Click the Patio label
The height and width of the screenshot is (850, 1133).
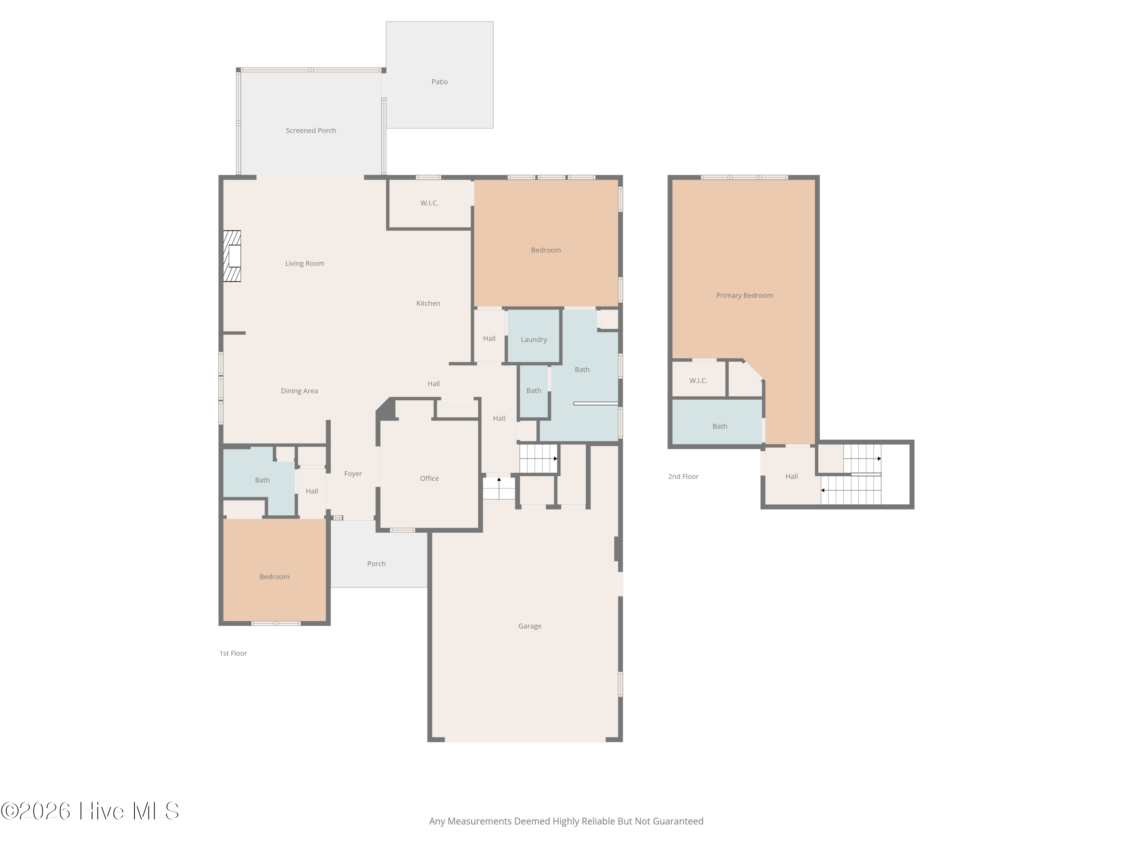pyautogui.click(x=440, y=82)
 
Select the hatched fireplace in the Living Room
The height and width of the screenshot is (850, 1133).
pyautogui.click(x=232, y=256)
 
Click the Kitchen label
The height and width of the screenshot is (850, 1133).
pyautogui.click(x=428, y=303)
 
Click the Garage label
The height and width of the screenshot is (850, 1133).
pyautogui.click(x=529, y=626)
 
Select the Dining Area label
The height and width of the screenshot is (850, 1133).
pyautogui.click(x=299, y=391)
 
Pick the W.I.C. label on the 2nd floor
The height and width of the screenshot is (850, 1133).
pyautogui.click(x=698, y=381)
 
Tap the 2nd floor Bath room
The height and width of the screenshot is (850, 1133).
pyautogui.click(x=717, y=422)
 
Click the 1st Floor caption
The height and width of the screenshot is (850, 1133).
pyautogui.click(x=233, y=653)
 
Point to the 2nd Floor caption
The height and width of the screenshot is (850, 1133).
pyautogui.click(x=683, y=476)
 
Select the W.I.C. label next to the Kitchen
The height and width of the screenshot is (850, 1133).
pyautogui.click(x=429, y=203)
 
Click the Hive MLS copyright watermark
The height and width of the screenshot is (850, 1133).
pyautogui.click(x=90, y=811)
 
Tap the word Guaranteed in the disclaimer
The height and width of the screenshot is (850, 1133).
pyautogui.click(x=678, y=821)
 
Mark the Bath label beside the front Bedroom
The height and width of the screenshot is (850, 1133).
pyautogui.click(x=262, y=480)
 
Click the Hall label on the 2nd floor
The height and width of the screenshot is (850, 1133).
pyautogui.click(x=791, y=476)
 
